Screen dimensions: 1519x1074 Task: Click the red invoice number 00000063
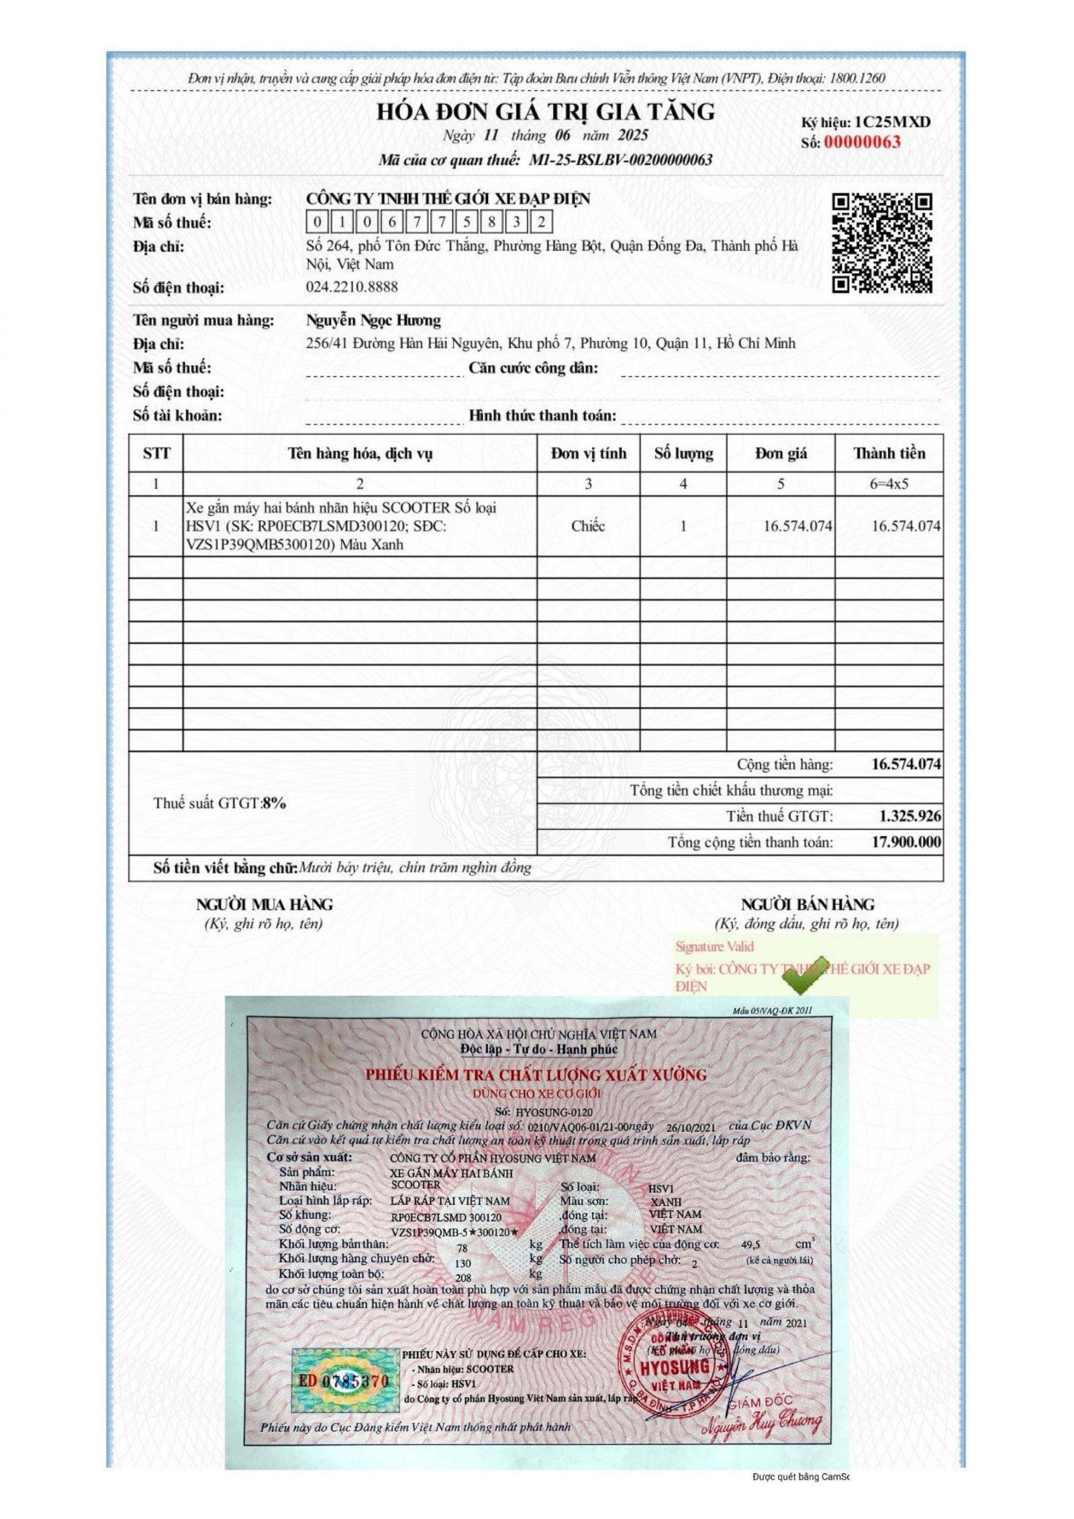[862, 142]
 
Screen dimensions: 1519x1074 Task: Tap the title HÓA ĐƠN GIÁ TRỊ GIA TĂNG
[545, 111]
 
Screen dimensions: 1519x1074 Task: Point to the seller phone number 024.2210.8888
[352, 287]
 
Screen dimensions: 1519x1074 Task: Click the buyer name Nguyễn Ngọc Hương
[373, 321]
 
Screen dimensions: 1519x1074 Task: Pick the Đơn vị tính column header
[588, 454]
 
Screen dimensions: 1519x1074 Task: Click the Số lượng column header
[683, 454]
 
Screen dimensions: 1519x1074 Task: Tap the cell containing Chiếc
[588, 526]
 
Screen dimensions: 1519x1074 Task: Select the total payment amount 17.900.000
[906, 842]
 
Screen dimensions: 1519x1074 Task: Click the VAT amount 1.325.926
[910, 817]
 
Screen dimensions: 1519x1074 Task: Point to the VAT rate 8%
[274, 803]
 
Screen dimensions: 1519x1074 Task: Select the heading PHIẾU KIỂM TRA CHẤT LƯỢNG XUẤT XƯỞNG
[536, 1075]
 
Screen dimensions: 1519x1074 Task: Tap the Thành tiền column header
[889, 454]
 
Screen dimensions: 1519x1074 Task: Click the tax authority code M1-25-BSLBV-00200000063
[620, 160]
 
